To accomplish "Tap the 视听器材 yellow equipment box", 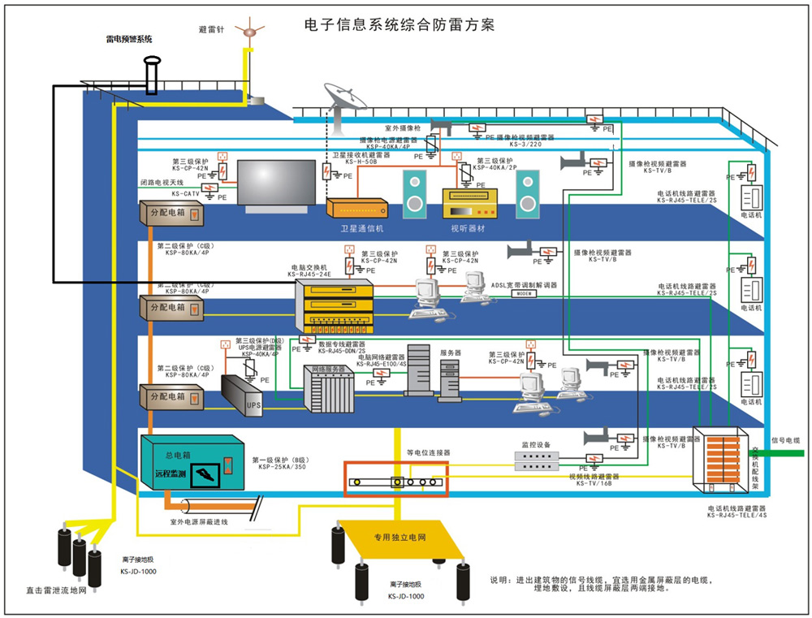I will click(468, 202).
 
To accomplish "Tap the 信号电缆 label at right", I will click(785, 439).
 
